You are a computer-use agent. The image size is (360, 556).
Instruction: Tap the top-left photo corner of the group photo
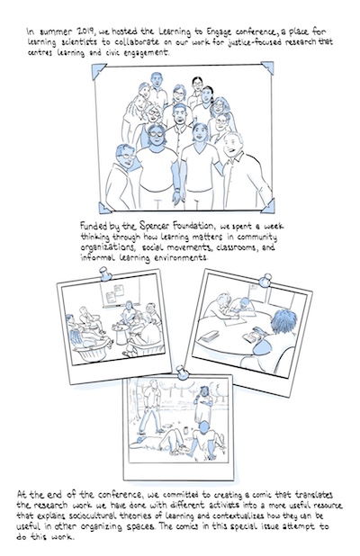pyautogui.click(x=99, y=71)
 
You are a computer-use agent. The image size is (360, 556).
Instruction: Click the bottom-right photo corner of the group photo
pyautogui.click(x=268, y=206)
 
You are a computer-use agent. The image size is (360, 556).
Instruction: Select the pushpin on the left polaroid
pyautogui.click(x=105, y=274)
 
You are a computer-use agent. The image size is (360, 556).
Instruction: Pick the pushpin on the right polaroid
pyautogui.click(x=265, y=280)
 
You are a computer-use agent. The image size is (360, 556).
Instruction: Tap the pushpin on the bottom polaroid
pyautogui.click(x=183, y=372)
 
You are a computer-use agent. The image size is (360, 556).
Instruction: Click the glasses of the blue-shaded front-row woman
pyautogui.click(x=156, y=134)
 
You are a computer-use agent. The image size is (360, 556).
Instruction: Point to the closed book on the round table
pyautogui.click(x=209, y=336)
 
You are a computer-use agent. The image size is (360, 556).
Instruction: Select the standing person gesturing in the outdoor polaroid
pyautogui.click(x=203, y=404)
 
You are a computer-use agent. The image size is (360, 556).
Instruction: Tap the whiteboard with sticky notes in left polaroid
pyautogui.click(x=121, y=291)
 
